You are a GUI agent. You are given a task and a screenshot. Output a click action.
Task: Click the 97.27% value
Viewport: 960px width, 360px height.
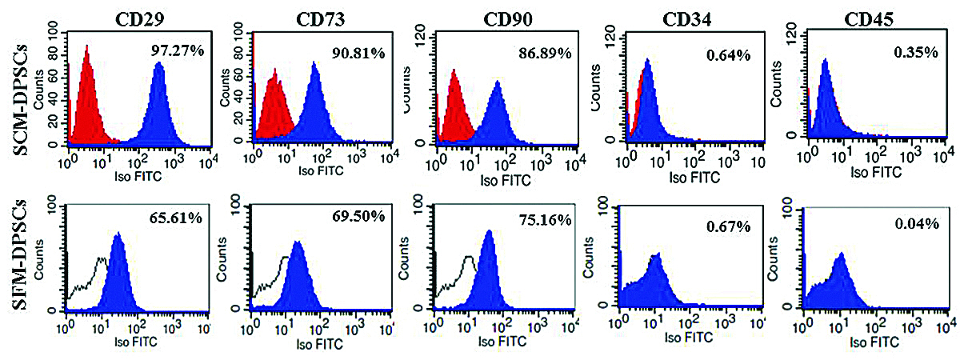(x=178, y=51)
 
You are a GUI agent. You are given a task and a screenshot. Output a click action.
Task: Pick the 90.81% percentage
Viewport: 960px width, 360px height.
(x=358, y=54)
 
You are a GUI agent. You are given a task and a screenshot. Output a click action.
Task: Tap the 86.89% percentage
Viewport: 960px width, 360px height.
(x=544, y=54)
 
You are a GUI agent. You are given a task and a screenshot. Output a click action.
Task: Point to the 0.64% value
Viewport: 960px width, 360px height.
(x=727, y=55)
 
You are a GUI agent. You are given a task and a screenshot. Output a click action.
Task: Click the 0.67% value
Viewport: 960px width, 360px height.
(x=728, y=226)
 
